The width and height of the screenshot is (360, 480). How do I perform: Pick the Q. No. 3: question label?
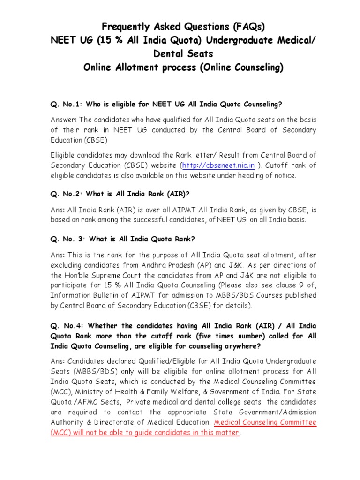coord(69,239)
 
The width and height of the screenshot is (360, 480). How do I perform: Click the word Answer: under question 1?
coord(65,120)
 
